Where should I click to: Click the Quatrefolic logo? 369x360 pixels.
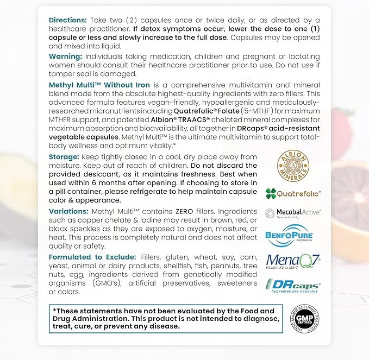tap(293, 193)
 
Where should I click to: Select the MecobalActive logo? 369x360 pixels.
tap(293, 213)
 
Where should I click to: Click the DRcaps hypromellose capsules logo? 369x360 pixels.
tap(293, 286)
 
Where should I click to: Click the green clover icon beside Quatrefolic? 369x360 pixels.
tap(271, 193)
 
